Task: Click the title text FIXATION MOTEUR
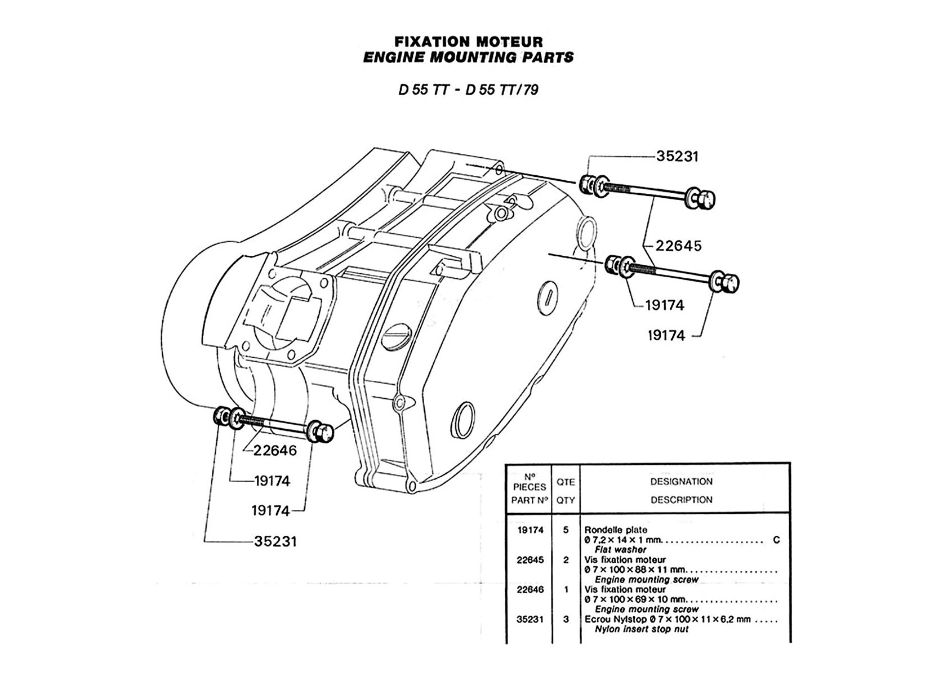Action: click(x=468, y=42)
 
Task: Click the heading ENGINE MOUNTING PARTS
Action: click(x=468, y=57)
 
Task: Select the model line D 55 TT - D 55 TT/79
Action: click(x=468, y=90)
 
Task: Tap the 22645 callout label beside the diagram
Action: click(x=678, y=246)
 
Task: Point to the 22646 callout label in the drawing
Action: click(x=275, y=450)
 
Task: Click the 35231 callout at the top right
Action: click(x=678, y=157)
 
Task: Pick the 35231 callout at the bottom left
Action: click(x=275, y=541)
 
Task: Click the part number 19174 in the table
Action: click(x=530, y=530)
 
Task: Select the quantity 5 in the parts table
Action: click(x=566, y=530)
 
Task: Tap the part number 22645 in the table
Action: click(x=530, y=559)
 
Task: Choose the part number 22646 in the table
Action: click(x=530, y=589)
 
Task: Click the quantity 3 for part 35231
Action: click(x=566, y=619)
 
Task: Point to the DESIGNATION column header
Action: click(x=681, y=482)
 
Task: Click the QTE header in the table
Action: click(x=566, y=482)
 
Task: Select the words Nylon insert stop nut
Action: click(x=641, y=629)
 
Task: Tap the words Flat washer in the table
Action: click(x=620, y=550)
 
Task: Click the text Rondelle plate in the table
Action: click(x=616, y=530)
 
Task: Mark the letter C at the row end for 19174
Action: click(x=776, y=540)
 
